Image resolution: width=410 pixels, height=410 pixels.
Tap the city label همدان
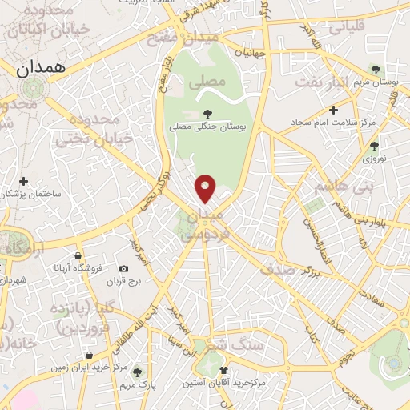tap(38, 70)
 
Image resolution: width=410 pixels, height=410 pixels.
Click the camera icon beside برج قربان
tap(123, 269)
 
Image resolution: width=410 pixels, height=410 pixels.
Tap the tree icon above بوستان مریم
tap(374, 70)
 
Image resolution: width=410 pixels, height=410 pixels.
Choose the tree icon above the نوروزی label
tap(373, 145)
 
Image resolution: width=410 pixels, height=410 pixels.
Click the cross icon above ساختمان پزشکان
tap(23, 181)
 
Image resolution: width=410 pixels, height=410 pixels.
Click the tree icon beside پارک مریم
tap(138, 372)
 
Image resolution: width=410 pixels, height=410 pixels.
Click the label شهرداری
tap(14, 280)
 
